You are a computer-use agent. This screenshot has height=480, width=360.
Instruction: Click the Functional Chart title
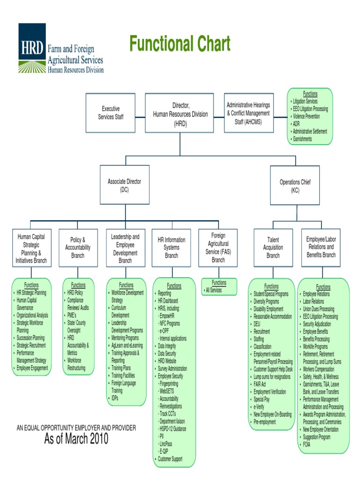point(180,45)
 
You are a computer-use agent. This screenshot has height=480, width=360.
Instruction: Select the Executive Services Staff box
point(111,112)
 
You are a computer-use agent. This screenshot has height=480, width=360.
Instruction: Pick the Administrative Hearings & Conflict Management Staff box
point(248,112)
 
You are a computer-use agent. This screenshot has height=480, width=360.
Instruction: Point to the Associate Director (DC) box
point(124,185)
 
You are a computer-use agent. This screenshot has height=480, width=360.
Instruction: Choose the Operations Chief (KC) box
point(295,186)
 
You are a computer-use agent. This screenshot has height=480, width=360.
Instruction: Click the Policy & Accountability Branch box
point(78,247)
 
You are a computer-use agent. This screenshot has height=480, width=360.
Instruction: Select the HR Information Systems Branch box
point(172,247)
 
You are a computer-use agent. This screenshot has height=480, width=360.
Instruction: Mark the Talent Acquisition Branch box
point(273,247)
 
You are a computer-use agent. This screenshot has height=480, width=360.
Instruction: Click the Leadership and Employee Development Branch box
point(125,248)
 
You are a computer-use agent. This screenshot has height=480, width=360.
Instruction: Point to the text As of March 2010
point(76,439)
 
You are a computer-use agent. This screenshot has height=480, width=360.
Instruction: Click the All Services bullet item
point(214,290)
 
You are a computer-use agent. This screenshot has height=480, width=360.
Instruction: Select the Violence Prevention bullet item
point(306,116)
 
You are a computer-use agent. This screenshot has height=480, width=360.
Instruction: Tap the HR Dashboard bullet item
point(168,301)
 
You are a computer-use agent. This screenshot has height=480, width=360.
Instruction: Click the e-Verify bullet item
point(259,407)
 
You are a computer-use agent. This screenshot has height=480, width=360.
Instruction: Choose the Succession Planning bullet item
point(30,337)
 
